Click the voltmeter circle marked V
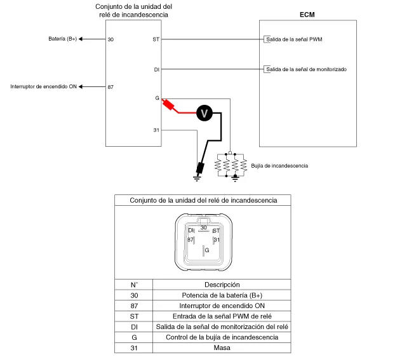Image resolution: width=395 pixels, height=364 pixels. pyautogui.click(x=204, y=112)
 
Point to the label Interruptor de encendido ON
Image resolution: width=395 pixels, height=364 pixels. pyautogui.click(x=43, y=86)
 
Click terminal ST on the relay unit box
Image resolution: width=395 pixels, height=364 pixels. pyautogui.click(x=156, y=39)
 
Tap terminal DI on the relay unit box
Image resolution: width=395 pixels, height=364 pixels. pyautogui.click(x=157, y=69)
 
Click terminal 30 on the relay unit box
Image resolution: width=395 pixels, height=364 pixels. pyautogui.click(x=110, y=39)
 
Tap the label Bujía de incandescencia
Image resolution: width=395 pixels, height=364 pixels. pyautogui.click(x=279, y=165)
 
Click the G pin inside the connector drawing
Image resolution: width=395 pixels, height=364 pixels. pyautogui.click(x=206, y=250)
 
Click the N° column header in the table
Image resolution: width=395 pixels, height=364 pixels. pyautogui.click(x=134, y=284)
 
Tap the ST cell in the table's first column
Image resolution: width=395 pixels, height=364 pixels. pyautogui.click(x=134, y=316)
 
